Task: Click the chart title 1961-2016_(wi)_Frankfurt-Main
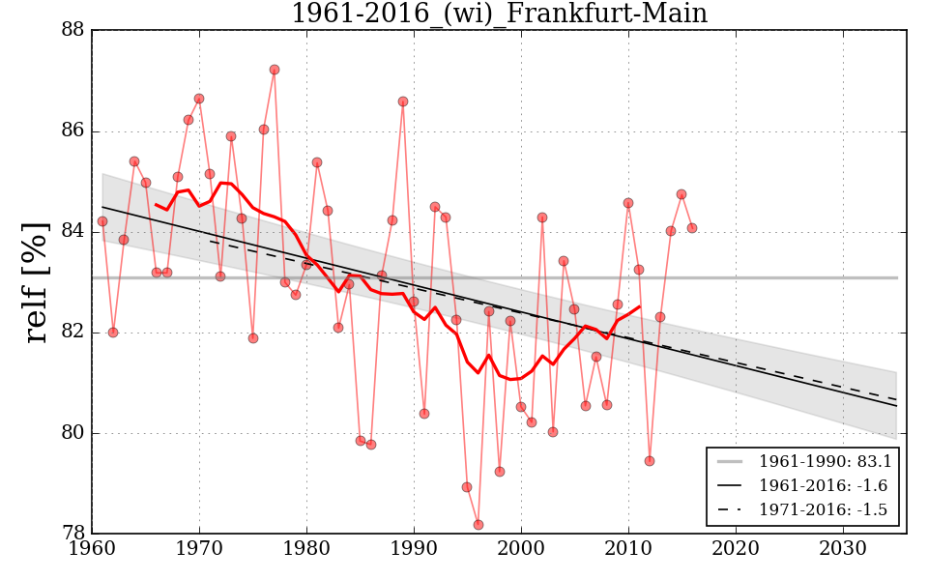coord(499,14)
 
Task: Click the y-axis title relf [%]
coord(37,281)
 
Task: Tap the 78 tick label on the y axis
coord(72,534)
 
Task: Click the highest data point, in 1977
coord(275,70)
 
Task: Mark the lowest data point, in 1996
coord(478,525)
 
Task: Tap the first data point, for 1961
coord(102,221)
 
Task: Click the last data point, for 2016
coord(692,228)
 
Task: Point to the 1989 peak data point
coord(403,101)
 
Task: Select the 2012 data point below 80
coord(650,461)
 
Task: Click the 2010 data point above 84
coord(628,203)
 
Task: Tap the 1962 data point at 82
coord(113,333)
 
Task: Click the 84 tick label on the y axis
coord(72,232)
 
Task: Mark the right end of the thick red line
coord(639,306)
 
